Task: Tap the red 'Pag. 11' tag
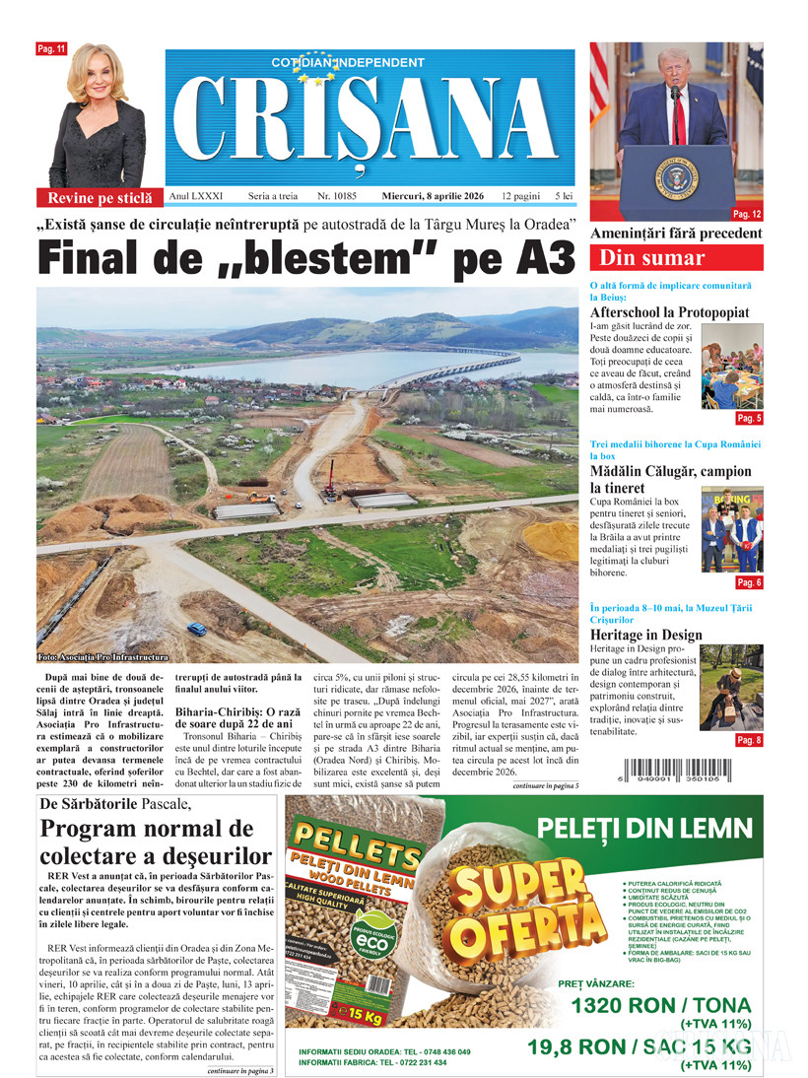pyautogui.click(x=51, y=48)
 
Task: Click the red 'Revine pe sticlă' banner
pyautogui.click(x=101, y=197)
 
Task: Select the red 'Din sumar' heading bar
pyautogui.click(x=675, y=258)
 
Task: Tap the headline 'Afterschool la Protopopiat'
pyautogui.click(x=670, y=312)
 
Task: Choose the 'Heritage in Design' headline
pyautogui.click(x=646, y=636)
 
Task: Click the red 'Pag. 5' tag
pyautogui.click(x=749, y=418)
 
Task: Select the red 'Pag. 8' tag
pyautogui.click(x=748, y=740)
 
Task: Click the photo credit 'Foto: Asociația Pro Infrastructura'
pyautogui.click(x=102, y=657)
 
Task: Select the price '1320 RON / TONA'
pyautogui.click(x=660, y=1006)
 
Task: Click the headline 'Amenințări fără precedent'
pyautogui.click(x=675, y=234)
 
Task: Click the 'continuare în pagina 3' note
pyautogui.click(x=240, y=1070)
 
